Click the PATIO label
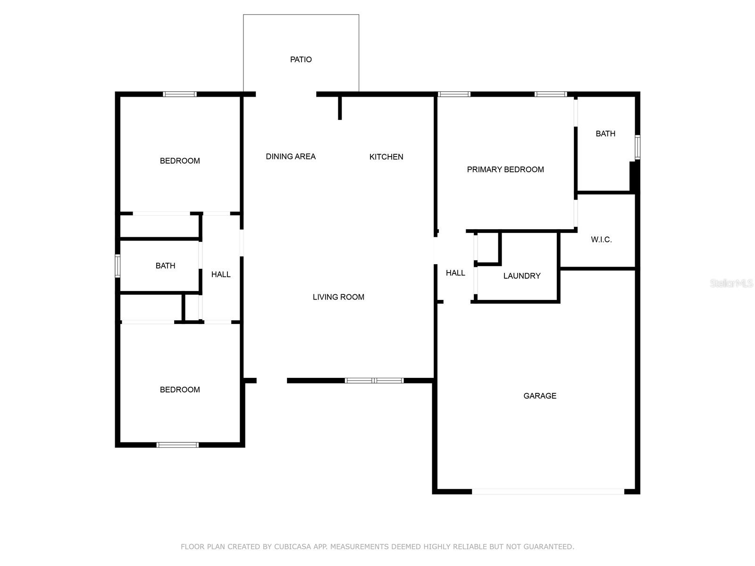[x=301, y=59]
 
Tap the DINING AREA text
[x=290, y=157]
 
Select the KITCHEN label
[x=386, y=157]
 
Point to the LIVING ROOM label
[x=338, y=297]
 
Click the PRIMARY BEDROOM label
[x=505, y=169]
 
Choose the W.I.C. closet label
[x=601, y=240]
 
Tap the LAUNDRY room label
[x=521, y=276]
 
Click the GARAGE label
[x=539, y=396]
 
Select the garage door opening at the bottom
[x=547, y=491]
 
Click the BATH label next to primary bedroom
[x=605, y=133]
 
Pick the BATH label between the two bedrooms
[x=165, y=266]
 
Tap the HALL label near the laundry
[x=455, y=273]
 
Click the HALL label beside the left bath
[x=220, y=274]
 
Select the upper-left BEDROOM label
[x=180, y=161]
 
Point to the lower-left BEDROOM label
[x=180, y=390]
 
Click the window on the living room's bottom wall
[x=374, y=380]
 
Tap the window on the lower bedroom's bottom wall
[x=177, y=444]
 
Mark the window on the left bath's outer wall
[x=117, y=266]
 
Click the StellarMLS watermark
[x=731, y=283]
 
